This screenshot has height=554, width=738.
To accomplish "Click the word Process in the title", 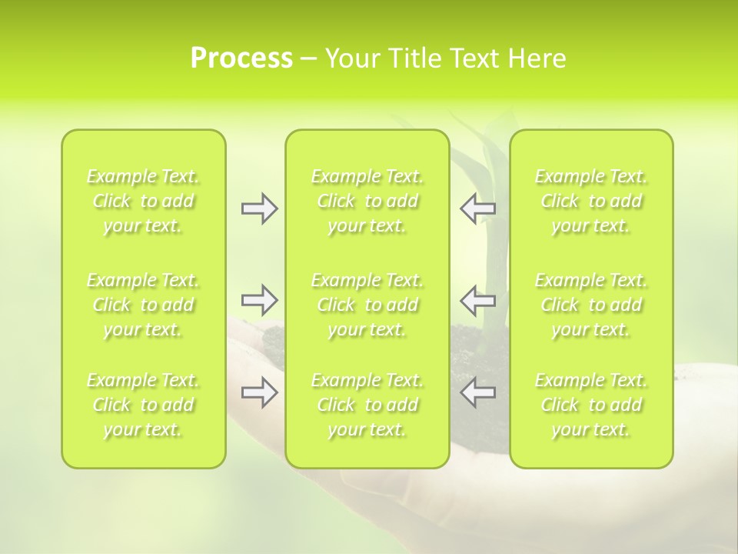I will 241,58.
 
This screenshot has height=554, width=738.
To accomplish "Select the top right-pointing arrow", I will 260,209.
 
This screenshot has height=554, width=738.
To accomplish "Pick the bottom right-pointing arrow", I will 260,392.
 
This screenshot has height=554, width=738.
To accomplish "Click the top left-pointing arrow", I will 478,209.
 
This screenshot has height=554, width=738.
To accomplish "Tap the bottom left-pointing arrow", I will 478,392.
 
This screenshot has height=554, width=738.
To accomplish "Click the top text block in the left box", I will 143,201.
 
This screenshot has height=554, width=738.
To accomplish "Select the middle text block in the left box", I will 143,305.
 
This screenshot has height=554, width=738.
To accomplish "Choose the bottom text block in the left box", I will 143,405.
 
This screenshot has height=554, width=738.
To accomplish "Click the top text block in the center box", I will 367,201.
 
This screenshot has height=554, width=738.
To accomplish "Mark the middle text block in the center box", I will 367,305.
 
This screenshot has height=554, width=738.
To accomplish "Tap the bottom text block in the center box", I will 367,405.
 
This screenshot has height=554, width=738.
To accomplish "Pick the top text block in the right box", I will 591,201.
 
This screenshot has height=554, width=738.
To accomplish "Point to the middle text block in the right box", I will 591,305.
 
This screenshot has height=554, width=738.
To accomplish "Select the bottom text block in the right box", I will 591,405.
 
